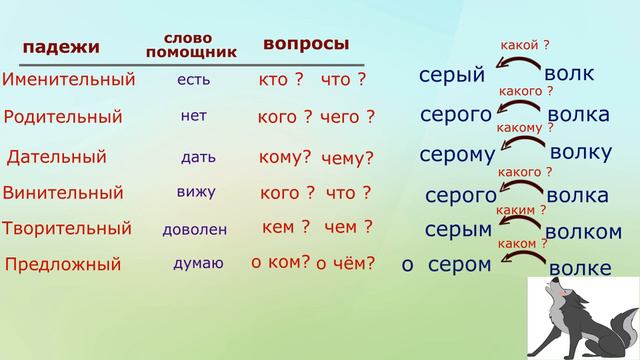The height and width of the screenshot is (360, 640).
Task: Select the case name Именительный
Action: click(x=68, y=79)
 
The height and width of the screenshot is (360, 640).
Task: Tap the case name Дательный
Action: click(x=57, y=156)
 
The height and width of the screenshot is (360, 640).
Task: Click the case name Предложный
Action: click(x=63, y=265)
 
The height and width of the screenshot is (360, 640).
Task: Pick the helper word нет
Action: click(x=194, y=115)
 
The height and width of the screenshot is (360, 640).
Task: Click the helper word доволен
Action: click(x=195, y=229)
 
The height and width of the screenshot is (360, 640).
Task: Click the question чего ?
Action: click(x=348, y=117)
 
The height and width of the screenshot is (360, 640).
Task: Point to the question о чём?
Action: click(x=346, y=264)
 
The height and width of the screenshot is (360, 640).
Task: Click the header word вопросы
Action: click(x=306, y=44)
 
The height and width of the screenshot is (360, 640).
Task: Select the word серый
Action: click(x=452, y=76)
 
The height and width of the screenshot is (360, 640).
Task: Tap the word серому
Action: click(x=458, y=155)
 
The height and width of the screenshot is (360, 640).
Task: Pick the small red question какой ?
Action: click(x=525, y=46)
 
